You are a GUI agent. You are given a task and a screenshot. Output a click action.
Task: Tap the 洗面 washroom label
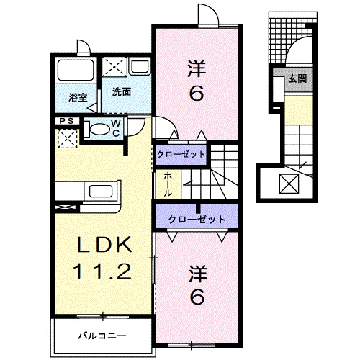point(121,92)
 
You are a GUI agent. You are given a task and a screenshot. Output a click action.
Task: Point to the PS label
point(67,121)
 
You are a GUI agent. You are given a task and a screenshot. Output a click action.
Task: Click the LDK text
point(105,246)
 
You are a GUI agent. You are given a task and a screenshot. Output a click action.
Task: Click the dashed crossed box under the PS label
point(67,137)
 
